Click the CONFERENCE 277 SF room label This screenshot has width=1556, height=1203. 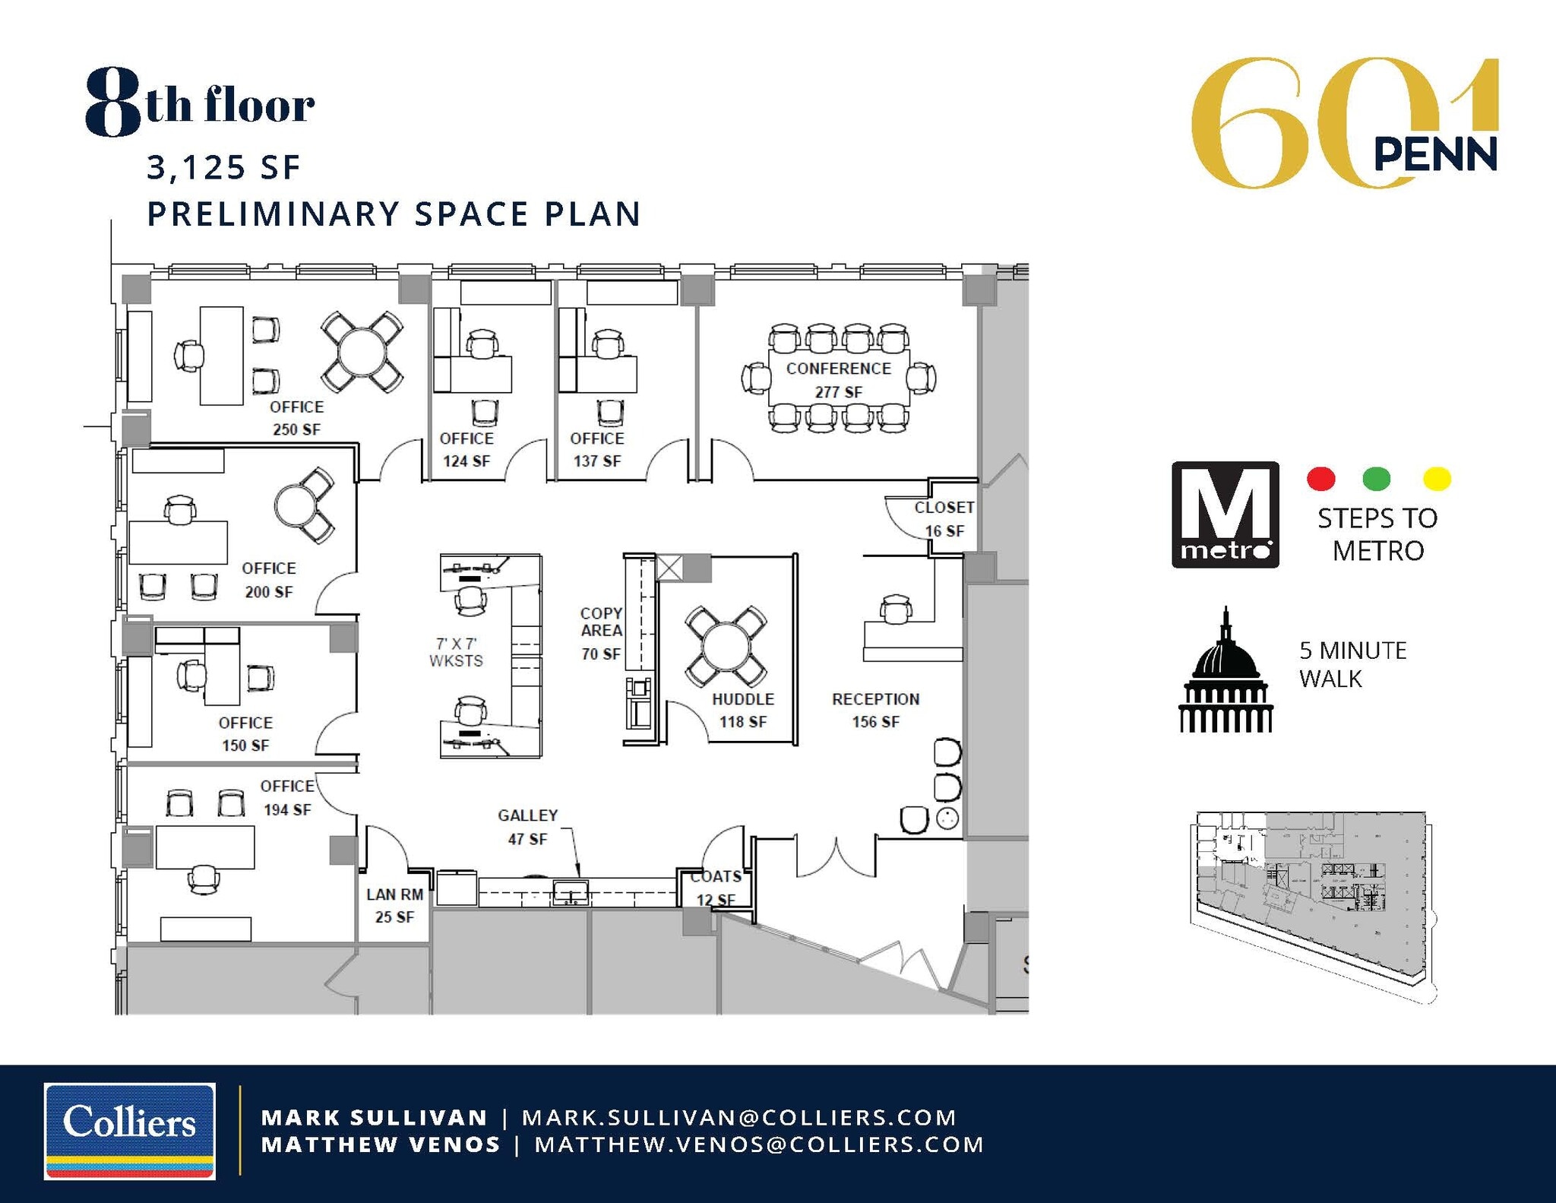coord(838,379)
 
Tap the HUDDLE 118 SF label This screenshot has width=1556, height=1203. coord(742,710)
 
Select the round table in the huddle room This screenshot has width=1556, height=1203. coord(726,647)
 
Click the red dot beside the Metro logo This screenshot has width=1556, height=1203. coord(1320,479)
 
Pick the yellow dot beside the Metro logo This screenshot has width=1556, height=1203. coord(1436,479)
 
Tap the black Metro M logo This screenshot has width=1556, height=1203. coord(1225,514)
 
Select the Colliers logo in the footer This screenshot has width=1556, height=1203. coord(130,1131)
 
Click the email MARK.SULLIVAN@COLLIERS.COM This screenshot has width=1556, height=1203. coord(738,1117)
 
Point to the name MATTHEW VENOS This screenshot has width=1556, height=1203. coord(381,1144)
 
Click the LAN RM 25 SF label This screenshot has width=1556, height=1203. coord(394,905)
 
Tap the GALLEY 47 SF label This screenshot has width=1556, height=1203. coord(527,827)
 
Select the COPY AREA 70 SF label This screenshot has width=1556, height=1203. coord(601,632)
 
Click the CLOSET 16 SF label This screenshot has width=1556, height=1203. coord(944,518)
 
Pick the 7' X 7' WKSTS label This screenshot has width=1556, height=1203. coord(456,652)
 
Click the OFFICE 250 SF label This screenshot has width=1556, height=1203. coord(296,417)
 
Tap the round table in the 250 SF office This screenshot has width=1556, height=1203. coord(362,351)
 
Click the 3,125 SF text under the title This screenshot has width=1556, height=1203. coord(224,167)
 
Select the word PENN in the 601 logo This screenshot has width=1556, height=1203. coord(1434,154)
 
